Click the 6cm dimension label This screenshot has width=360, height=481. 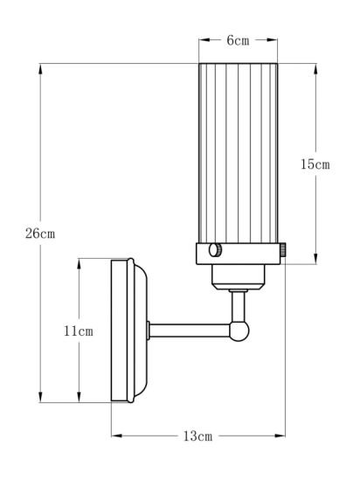[x=239, y=40]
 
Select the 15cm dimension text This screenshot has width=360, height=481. [x=315, y=164]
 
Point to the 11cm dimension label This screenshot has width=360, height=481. [x=79, y=331]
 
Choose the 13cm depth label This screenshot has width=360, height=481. [x=197, y=435]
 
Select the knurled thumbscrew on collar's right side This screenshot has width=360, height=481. [x=284, y=251]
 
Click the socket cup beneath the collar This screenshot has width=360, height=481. [x=239, y=275]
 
